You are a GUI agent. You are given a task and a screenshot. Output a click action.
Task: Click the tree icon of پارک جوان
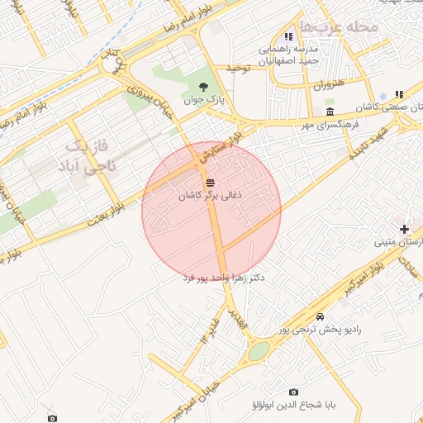coord(205,86)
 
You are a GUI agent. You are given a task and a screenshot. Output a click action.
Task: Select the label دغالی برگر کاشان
coord(211,197)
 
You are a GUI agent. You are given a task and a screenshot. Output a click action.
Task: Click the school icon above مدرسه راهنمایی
coord(288,36)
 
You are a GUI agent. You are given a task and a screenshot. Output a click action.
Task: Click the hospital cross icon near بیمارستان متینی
coord(404,228)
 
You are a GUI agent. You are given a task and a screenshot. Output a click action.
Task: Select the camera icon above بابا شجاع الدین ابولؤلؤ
coord(293,392)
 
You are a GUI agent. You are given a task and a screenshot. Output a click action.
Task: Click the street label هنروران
coord(327,84)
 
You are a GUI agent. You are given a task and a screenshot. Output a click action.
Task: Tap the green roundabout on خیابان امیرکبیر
coord(259,351)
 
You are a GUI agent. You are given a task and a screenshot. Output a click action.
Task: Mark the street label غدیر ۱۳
coord(206,328)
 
